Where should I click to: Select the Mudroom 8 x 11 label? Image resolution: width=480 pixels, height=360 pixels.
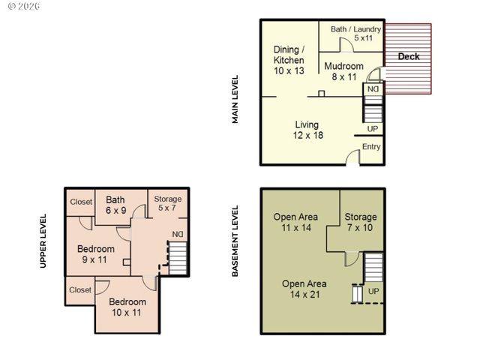coord(343,71)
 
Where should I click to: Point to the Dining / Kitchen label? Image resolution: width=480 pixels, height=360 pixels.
coord(289,59)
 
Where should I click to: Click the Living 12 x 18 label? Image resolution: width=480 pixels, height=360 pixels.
coord(307,130)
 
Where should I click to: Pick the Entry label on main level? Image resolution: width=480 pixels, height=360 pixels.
coord(371,147)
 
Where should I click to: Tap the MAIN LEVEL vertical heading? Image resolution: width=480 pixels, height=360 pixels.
coord(235,99)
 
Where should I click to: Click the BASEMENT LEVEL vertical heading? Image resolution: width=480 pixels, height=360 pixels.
coord(235,241)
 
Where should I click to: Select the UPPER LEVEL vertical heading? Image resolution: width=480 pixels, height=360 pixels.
coord(44,241)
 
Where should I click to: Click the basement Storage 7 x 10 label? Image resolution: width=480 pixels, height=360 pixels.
coord(361,222)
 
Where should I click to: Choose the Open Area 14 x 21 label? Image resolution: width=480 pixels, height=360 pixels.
coord(304,289)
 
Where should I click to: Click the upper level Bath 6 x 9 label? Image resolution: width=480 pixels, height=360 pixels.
coord(115,205)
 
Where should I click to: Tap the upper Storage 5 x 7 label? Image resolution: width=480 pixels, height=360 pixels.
coord(168,203)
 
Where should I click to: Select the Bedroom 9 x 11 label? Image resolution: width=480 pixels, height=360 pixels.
coord(96,254)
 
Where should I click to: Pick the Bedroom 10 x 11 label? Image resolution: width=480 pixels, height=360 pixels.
coord(127,307)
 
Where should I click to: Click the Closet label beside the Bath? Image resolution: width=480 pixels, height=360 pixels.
coord(81,202)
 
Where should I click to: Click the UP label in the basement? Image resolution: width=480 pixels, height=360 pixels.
coord(373,290)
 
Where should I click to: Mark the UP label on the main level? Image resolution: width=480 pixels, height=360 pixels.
coord(373,129)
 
